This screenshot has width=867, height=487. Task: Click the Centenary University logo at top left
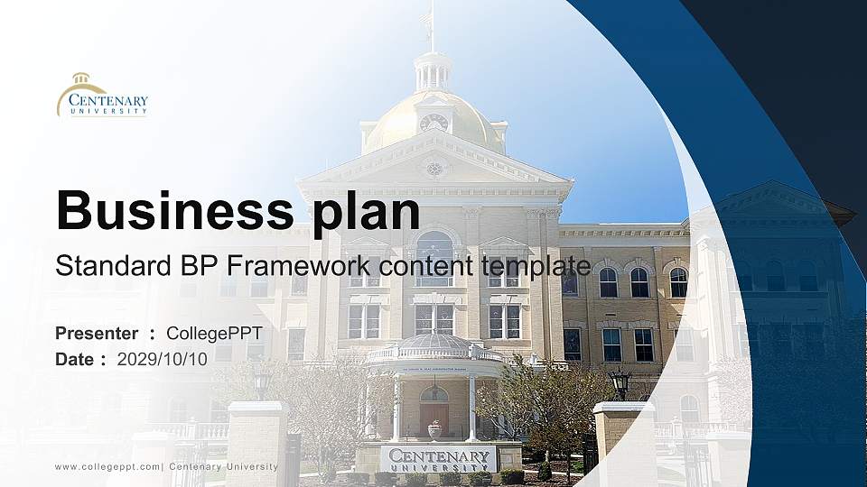tap(102, 95)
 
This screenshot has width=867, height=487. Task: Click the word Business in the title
tap(174, 210)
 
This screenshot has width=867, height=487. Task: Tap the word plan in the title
tap(366, 213)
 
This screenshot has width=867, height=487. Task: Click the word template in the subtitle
tap(536, 267)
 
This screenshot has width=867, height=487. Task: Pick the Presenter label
tap(97, 333)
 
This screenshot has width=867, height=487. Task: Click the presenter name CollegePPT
tap(215, 334)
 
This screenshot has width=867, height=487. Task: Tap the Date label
tap(74, 359)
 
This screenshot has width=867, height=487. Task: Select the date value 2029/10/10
tap(162, 359)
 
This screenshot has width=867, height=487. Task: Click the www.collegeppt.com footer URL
tap(107, 467)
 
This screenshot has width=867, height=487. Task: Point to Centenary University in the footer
tap(223, 466)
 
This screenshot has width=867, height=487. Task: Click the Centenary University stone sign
tap(439, 459)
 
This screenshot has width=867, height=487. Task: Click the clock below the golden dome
tap(433, 122)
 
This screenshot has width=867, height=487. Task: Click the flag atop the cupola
tap(425, 16)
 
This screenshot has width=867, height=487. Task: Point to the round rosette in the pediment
tap(434, 169)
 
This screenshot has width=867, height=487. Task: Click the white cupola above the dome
tap(433, 72)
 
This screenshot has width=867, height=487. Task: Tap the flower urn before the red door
tap(435, 430)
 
